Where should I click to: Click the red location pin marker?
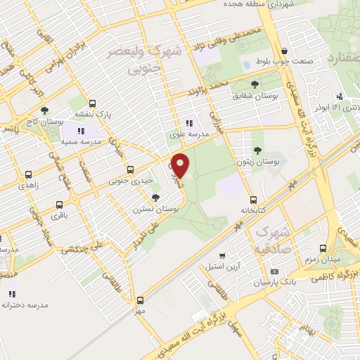pos(181,165)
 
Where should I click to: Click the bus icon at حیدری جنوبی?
pos(130,169)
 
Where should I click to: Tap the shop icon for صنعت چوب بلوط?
pos(284,51)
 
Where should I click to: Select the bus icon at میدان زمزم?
pos(323,248)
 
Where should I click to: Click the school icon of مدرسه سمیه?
pos(82,130)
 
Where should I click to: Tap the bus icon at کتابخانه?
pos(252,198)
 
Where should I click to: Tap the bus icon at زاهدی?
pos(29,174)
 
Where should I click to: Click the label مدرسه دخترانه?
pos(24,304)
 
